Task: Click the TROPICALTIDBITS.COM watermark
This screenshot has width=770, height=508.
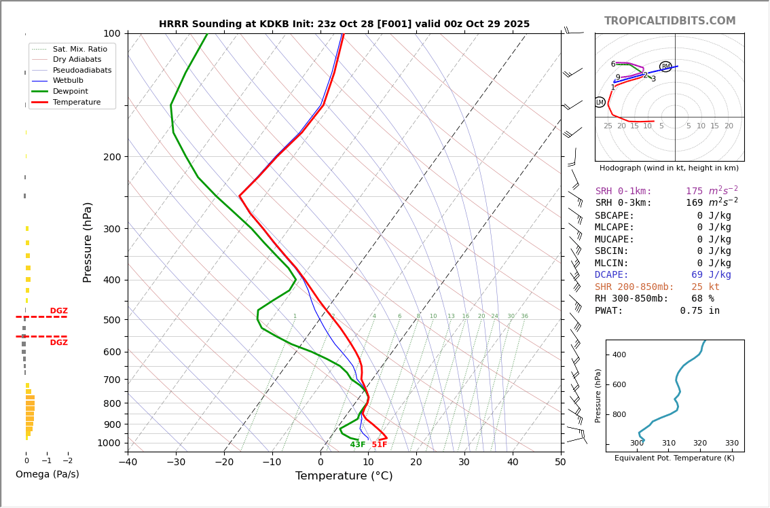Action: pyautogui.click(x=670, y=21)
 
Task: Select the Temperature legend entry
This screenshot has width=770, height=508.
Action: pyautogui.click(x=76, y=102)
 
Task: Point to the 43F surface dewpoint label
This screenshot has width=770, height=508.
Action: pyautogui.click(x=358, y=445)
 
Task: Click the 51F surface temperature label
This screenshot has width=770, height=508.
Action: pyautogui.click(x=379, y=445)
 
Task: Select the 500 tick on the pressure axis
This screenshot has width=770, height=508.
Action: pyautogui.click(x=111, y=320)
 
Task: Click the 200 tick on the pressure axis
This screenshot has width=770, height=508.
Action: pyautogui.click(x=111, y=157)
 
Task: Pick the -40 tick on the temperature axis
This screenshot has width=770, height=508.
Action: pyautogui.click(x=128, y=462)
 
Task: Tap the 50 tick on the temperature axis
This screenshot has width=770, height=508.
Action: pyautogui.click(x=560, y=462)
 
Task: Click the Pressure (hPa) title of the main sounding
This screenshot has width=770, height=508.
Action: pyautogui.click(x=88, y=242)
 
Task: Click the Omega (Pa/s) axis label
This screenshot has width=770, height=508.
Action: pyautogui.click(x=48, y=474)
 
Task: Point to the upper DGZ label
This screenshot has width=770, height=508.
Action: pyautogui.click(x=58, y=311)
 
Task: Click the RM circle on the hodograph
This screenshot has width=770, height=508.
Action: pyautogui.click(x=665, y=67)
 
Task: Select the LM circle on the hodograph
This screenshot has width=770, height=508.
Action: pyautogui.click(x=600, y=102)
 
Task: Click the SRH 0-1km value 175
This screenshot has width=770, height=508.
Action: pyautogui.click(x=694, y=192)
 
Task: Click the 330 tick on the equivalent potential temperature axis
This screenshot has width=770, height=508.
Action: pyautogui.click(x=731, y=443)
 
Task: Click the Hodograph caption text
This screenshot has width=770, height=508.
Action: pyautogui.click(x=669, y=168)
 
